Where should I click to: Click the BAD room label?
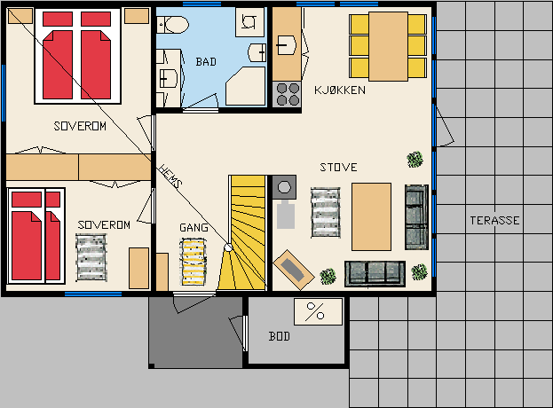206,62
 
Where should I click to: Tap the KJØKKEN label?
340,90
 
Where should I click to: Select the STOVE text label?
338,167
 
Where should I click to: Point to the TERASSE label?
494,221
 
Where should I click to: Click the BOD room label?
280,336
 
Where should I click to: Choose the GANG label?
194,228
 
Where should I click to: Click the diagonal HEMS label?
170,177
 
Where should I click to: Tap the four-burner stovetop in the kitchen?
287,94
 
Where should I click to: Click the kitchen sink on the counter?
286,45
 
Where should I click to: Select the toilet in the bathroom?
173,25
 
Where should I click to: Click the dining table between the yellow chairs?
388,46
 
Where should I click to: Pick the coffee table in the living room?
371,216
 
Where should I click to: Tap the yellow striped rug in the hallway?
193,262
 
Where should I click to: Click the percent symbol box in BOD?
318,311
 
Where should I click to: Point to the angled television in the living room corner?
294,270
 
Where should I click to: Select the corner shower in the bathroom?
246,86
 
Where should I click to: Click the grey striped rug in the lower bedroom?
91,257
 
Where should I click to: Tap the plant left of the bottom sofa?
328,276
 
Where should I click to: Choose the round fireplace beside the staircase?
284,187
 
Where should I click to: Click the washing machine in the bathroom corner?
249,22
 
